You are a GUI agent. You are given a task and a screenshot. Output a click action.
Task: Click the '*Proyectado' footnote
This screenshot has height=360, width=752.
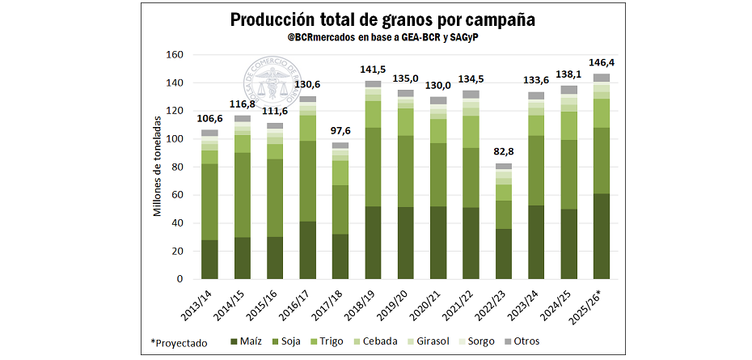point(180,342)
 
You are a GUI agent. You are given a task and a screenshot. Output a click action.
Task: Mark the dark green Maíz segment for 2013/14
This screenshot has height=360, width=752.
point(209,259)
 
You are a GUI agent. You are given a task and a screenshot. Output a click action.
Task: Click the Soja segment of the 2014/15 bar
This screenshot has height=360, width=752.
point(242,194)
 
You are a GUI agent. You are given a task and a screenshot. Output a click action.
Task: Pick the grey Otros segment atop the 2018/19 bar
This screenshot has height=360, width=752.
point(373,84)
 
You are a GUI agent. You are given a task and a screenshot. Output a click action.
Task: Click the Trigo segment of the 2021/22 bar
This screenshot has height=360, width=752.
point(471,131)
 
